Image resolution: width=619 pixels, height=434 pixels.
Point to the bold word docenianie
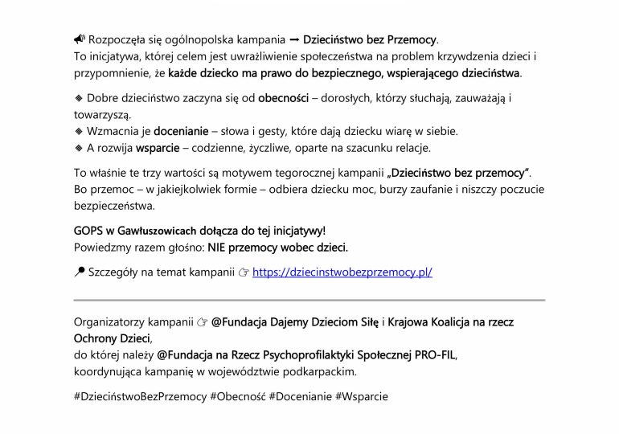point(177,130)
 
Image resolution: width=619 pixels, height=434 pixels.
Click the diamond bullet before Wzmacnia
point(79,131)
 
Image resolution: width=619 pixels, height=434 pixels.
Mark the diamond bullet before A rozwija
point(79,149)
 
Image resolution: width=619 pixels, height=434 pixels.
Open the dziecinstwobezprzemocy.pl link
point(342,272)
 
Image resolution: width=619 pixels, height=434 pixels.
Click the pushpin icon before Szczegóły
point(79,272)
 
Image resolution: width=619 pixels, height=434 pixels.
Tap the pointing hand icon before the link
point(244,272)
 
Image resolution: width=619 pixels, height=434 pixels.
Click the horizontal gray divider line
point(309,300)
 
